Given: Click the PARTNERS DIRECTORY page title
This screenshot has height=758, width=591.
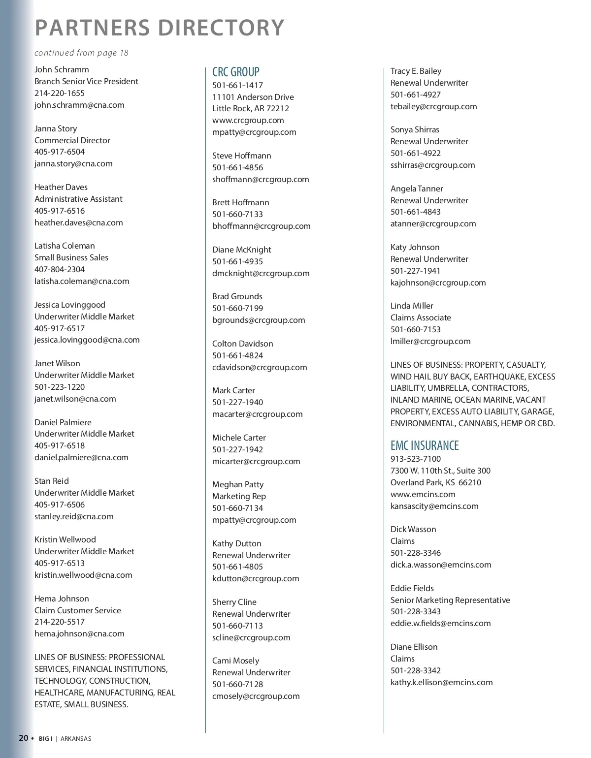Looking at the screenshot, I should pyautogui.click(x=159, y=28).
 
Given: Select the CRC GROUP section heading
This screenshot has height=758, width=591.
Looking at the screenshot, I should pyautogui.click(x=235, y=72).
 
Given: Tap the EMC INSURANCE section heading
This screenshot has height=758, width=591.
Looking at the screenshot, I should pyautogui.click(x=424, y=445).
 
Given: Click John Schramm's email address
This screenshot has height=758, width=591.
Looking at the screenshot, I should pyautogui.click(x=79, y=105).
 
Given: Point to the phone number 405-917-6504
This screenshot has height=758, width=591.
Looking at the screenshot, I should pyautogui.click(x=60, y=152).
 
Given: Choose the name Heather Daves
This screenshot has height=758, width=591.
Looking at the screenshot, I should pyautogui.click(x=61, y=187).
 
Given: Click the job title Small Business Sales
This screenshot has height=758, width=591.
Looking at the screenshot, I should pyautogui.click(x=71, y=257).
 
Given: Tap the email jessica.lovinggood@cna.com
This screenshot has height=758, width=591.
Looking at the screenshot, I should pyautogui.click(x=87, y=340).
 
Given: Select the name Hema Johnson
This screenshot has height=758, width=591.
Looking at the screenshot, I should pyautogui.click(x=62, y=599).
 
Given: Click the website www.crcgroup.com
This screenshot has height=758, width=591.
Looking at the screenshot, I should pyautogui.click(x=248, y=120).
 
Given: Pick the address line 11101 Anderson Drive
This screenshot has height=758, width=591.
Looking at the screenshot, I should pyautogui.click(x=253, y=97).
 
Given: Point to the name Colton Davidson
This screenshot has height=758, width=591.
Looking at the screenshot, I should pyautogui.click(x=242, y=344).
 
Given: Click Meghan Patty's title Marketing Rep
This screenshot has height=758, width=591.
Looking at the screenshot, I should pyautogui.click(x=239, y=496).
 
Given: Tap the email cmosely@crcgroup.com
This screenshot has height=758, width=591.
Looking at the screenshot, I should pyautogui.click(x=256, y=696).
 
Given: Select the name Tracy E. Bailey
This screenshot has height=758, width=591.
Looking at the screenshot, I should pyautogui.click(x=416, y=71).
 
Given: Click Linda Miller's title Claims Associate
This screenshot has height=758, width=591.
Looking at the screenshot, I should pyautogui.click(x=421, y=317).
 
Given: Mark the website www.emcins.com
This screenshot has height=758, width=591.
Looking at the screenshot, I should pyautogui.click(x=423, y=494).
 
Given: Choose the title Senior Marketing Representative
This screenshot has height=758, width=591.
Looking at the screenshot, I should pyautogui.click(x=450, y=600).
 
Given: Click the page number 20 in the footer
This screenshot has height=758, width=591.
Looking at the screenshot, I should pyautogui.click(x=24, y=738).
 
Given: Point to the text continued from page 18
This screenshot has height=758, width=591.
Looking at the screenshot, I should pyautogui.click(x=81, y=53).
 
